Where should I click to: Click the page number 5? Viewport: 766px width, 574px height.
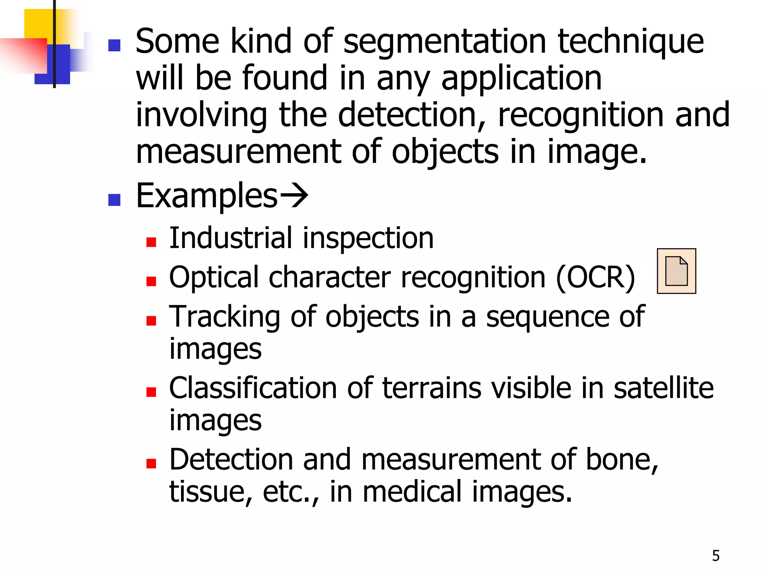pos(716,556)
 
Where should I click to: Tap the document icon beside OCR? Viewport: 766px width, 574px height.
pos(676,271)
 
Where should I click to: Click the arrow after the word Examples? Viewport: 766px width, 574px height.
pos(294,195)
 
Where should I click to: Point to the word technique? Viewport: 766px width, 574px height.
pos(631,42)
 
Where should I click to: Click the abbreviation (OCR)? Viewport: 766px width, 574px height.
pos(595,278)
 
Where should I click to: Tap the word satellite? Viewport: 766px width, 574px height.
pos(664,388)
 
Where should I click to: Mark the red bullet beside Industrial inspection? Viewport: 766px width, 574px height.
pos(151,243)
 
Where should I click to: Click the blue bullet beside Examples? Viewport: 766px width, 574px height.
pos(114,200)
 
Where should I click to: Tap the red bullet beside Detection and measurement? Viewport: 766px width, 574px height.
pos(151,464)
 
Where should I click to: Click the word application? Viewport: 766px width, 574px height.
pos(521,79)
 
